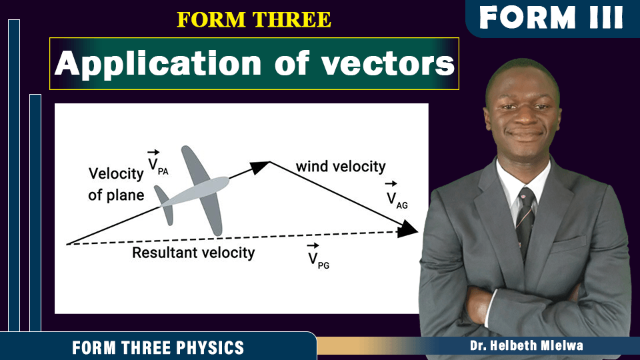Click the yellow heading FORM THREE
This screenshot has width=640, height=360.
click(x=253, y=20)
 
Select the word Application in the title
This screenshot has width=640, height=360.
click(x=158, y=64)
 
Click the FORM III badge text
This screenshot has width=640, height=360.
click(x=551, y=17)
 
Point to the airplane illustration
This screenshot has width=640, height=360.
click(x=192, y=191)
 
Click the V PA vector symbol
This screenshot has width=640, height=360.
click(x=157, y=163)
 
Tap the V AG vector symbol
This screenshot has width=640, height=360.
click(x=397, y=195)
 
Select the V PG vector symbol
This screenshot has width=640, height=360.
click(x=319, y=256)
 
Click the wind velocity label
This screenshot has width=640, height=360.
click(x=341, y=167)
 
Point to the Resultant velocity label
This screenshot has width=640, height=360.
click(x=193, y=253)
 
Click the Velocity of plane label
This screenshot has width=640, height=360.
click(x=116, y=184)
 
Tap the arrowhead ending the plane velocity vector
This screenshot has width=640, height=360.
click(x=259, y=167)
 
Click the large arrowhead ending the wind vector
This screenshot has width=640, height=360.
click(x=407, y=229)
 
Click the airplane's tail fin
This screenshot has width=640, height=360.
click(x=164, y=205)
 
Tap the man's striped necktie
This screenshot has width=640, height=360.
click(x=525, y=223)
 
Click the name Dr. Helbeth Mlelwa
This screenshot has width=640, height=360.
click(x=526, y=346)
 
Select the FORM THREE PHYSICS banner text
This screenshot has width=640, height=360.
click(x=158, y=348)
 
